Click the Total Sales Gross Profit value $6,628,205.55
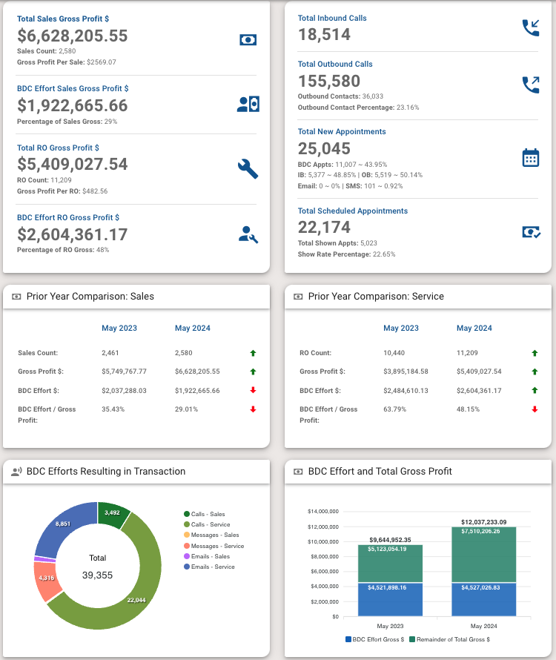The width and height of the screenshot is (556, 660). click(73, 36)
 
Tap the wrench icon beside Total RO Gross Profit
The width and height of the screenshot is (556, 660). click(248, 168)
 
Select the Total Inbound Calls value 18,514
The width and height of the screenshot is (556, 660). click(324, 34)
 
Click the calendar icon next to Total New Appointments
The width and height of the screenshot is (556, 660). click(530, 158)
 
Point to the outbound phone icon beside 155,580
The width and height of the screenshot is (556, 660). click(530, 85)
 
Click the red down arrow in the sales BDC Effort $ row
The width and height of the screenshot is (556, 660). click(253, 390)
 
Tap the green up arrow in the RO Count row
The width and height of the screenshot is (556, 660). click(535, 353)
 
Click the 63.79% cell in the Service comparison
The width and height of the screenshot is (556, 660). click(395, 409)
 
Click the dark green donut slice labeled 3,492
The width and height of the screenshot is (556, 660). click(113, 514)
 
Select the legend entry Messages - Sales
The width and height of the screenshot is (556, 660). click(214, 535)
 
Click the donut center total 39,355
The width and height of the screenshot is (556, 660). click(98, 575)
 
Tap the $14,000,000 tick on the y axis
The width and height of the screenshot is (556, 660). click(323, 512)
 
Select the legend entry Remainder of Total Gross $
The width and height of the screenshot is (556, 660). click(451, 639)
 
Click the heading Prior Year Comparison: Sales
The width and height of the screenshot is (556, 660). click(90, 297)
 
